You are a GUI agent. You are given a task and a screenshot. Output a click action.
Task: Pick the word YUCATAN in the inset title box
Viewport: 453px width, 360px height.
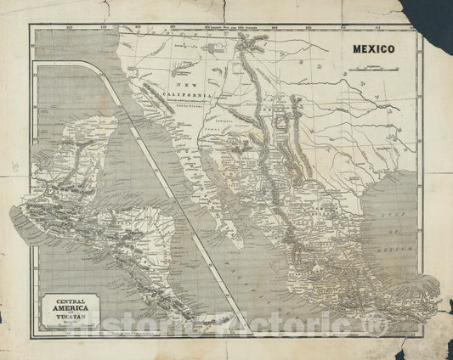click(x=66, y=321)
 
